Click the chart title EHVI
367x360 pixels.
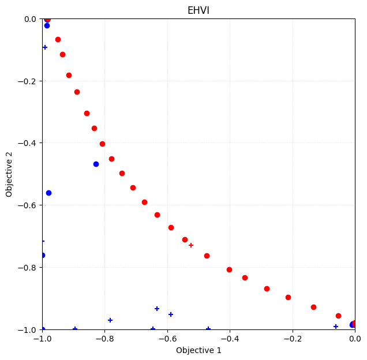(199, 10)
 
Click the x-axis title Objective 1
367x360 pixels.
(199, 350)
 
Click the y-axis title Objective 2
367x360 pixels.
(10, 174)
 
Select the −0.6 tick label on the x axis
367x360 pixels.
(167, 339)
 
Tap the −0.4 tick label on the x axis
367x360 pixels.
(230, 339)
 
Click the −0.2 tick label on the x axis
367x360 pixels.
(292, 339)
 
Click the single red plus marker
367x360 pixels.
(191, 245)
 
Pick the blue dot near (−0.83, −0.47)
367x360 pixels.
(96, 164)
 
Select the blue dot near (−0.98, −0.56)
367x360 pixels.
(48, 193)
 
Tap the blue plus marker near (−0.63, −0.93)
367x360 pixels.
(157, 309)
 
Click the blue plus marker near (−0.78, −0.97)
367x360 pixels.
(110, 320)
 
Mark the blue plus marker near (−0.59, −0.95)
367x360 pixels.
(171, 314)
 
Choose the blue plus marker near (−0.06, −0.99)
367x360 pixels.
(336, 327)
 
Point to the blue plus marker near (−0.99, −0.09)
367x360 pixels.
(45, 47)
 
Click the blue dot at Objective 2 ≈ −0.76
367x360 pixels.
(43, 255)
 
